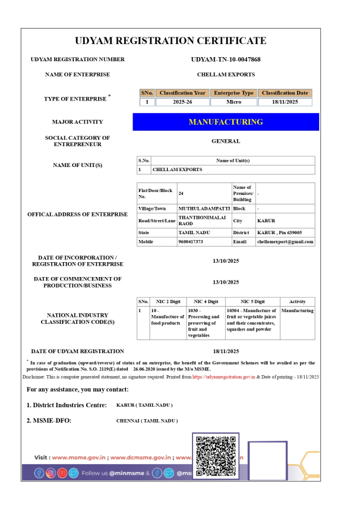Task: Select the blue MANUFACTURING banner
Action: click(226, 122)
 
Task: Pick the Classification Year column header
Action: click(183, 93)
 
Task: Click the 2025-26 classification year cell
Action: click(183, 102)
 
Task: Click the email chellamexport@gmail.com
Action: click(285, 242)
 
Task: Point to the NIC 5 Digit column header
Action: click(252, 302)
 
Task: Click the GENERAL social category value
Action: click(226, 141)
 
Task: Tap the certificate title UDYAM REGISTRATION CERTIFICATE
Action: click(179, 41)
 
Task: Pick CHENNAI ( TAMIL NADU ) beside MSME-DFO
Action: click(147, 420)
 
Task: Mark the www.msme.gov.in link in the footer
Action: click(78, 458)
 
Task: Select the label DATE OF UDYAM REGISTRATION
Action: click(78, 351)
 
